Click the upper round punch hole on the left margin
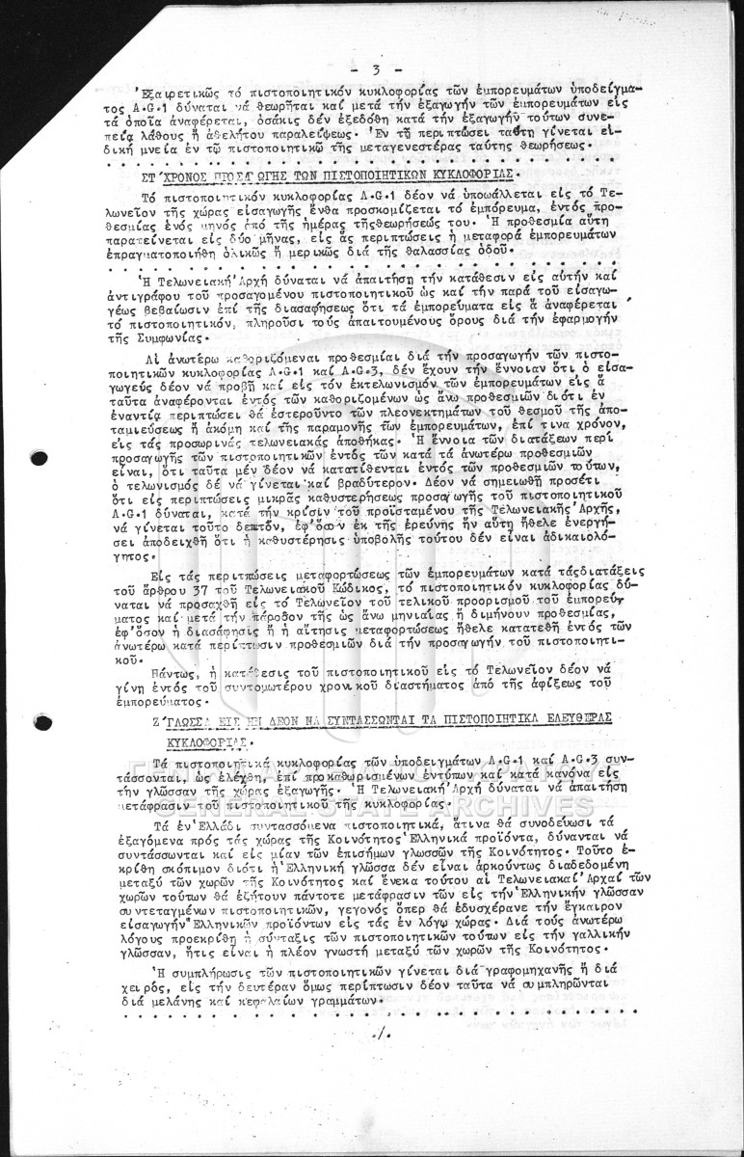(x=40, y=458)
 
